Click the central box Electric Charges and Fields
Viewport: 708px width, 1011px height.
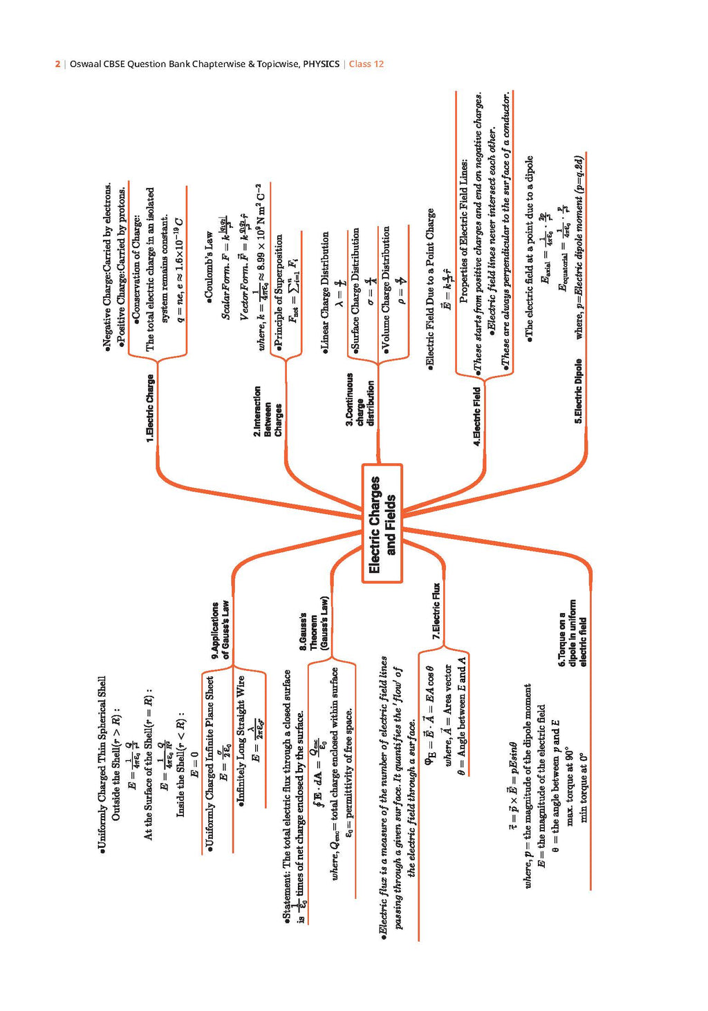click(x=382, y=523)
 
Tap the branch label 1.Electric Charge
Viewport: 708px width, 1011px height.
click(x=150, y=408)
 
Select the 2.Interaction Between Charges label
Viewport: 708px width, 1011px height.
click(x=268, y=411)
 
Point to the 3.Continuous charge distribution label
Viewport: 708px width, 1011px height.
click(x=360, y=399)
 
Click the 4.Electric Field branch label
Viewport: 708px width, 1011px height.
click(x=477, y=416)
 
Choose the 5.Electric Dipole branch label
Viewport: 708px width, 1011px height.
click(x=578, y=390)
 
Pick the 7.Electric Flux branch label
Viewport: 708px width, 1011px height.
click(x=436, y=612)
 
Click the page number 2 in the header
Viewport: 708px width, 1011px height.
click(x=57, y=64)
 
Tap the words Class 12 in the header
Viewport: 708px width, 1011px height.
click(x=366, y=64)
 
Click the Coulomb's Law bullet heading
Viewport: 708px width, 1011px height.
click(x=209, y=265)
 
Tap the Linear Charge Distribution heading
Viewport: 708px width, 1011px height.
click(x=325, y=294)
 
